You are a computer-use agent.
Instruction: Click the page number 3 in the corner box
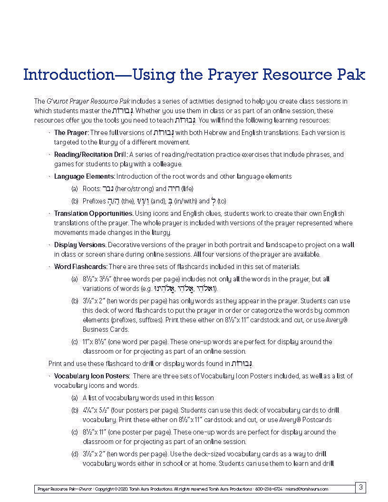[361, 487]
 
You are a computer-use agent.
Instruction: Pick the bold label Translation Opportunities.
[93, 213]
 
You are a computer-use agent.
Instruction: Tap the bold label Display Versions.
[80, 245]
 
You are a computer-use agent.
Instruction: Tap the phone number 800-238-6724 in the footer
[269, 489]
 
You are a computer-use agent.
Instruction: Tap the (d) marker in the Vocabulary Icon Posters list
[75, 454]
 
